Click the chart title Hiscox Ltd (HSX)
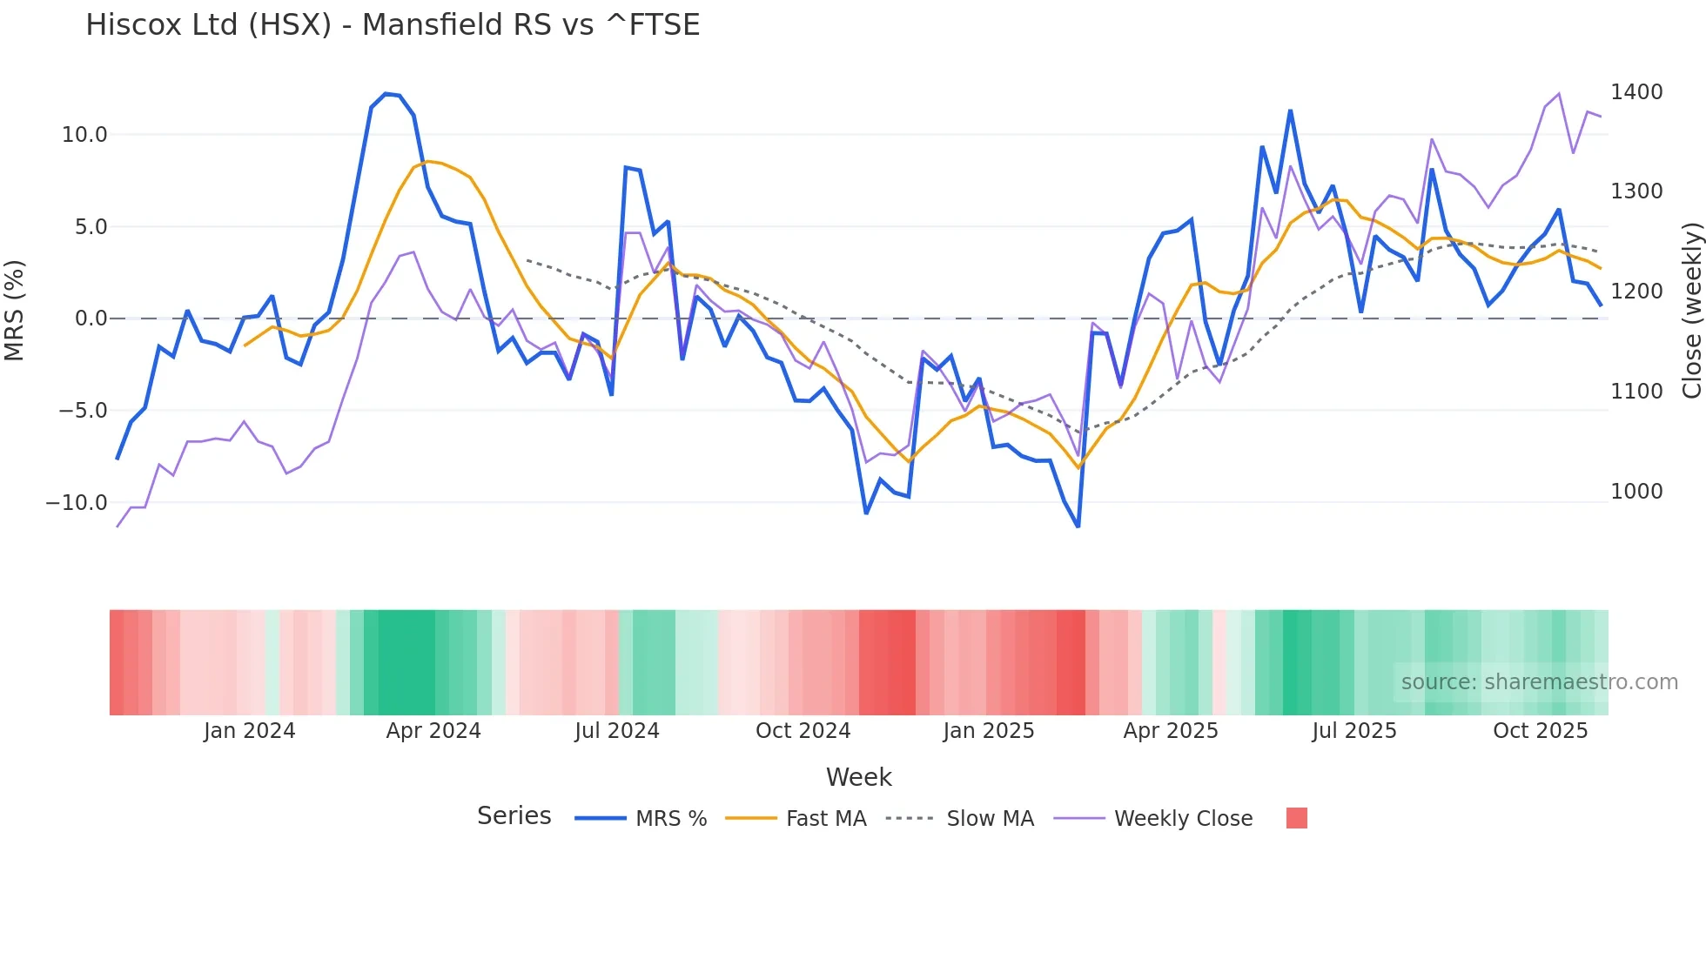click(392, 24)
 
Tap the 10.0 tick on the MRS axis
click(84, 135)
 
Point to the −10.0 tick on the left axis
click(77, 503)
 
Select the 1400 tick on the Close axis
click(1636, 92)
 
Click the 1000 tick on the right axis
click(1636, 492)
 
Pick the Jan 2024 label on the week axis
click(250, 731)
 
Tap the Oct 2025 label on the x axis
click(1540, 731)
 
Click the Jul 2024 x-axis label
click(617, 731)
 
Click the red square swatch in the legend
click(1296, 818)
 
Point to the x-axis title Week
click(858, 777)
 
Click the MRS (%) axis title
click(15, 310)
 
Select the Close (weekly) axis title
click(1691, 310)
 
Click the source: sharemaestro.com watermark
click(1539, 682)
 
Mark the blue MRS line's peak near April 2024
click(386, 94)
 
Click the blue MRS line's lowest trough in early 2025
click(1078, 526)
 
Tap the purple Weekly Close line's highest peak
click(1558, 94)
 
